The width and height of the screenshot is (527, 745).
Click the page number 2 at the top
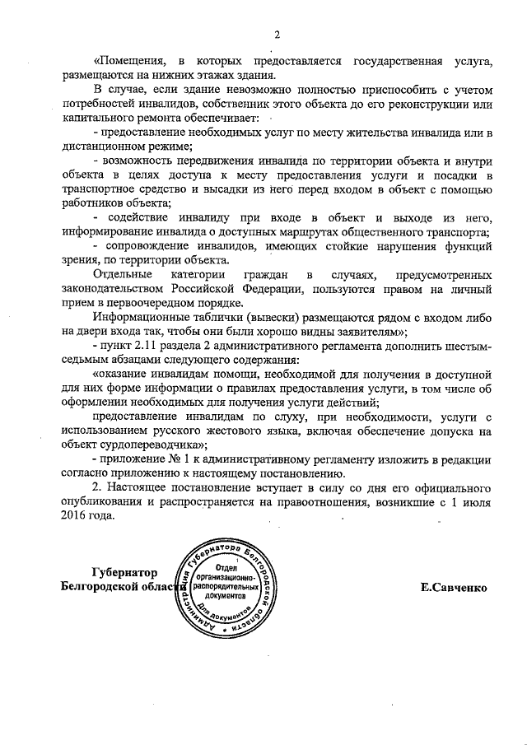coord(277,35)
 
